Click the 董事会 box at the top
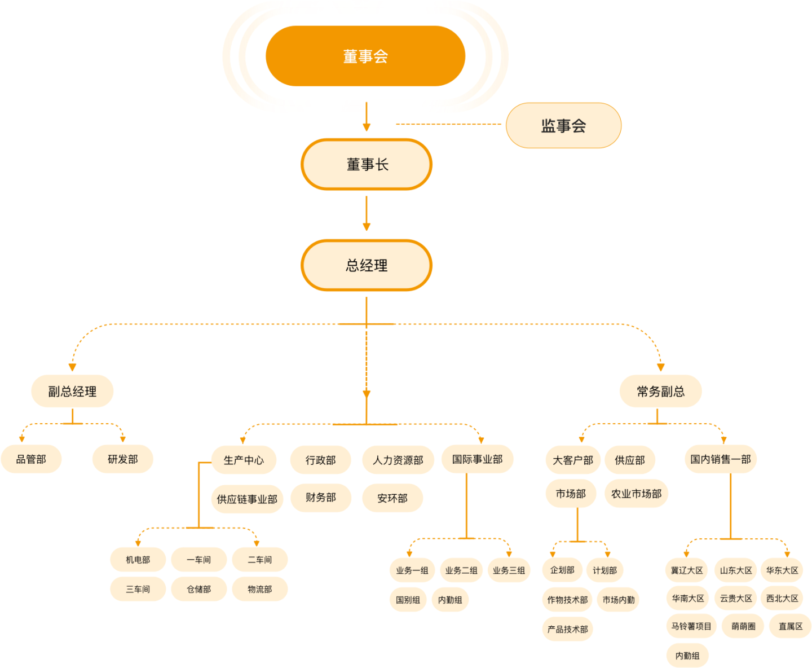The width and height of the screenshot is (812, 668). click(x=365, y=56)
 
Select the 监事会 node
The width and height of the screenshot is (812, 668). click(x=563, y=125)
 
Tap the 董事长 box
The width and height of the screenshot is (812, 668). click(x=367, y=165)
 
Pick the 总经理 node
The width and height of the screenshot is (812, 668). click(x=367, y=266)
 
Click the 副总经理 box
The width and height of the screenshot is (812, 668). click(x=72, y=391)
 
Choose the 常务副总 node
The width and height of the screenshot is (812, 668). click(x=660, y=391)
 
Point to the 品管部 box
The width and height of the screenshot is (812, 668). click(x=31, y=459)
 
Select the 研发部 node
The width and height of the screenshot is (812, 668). click(x=123, y=459)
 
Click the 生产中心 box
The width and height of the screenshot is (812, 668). click(x=244, y=460)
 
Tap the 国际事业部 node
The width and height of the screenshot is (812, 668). click(x=477, y=459)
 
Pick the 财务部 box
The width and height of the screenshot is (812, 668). click(x=321, y=498)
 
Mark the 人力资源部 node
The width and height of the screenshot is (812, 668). click(x=398, y=460)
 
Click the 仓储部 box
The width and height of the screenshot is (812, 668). click(x=199, y=589)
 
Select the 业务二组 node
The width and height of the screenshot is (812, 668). click(x=461, y=570)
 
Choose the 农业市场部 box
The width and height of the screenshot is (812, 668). click(x=636, y=494)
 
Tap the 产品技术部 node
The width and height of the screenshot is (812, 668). click(x=568, y=629)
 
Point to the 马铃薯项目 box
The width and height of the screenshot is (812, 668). click(x=691, y=626)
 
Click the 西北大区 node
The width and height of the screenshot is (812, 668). click(x=782, y=598)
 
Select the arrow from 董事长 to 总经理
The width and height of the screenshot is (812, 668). click(x=367, y=213)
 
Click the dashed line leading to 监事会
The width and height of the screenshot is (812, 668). click(x=448, y=124)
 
